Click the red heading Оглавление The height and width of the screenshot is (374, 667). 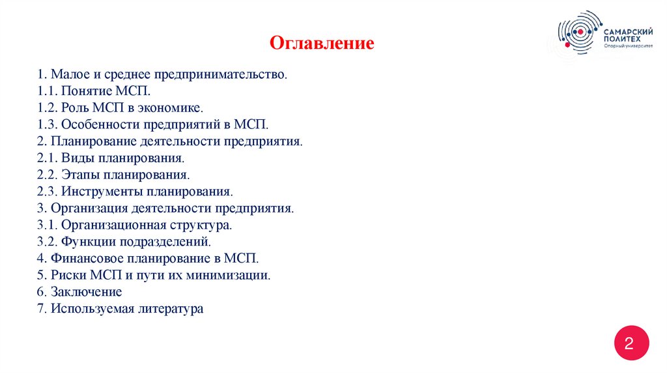[322, 44]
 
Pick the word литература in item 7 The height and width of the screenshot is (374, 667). [171, 309]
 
